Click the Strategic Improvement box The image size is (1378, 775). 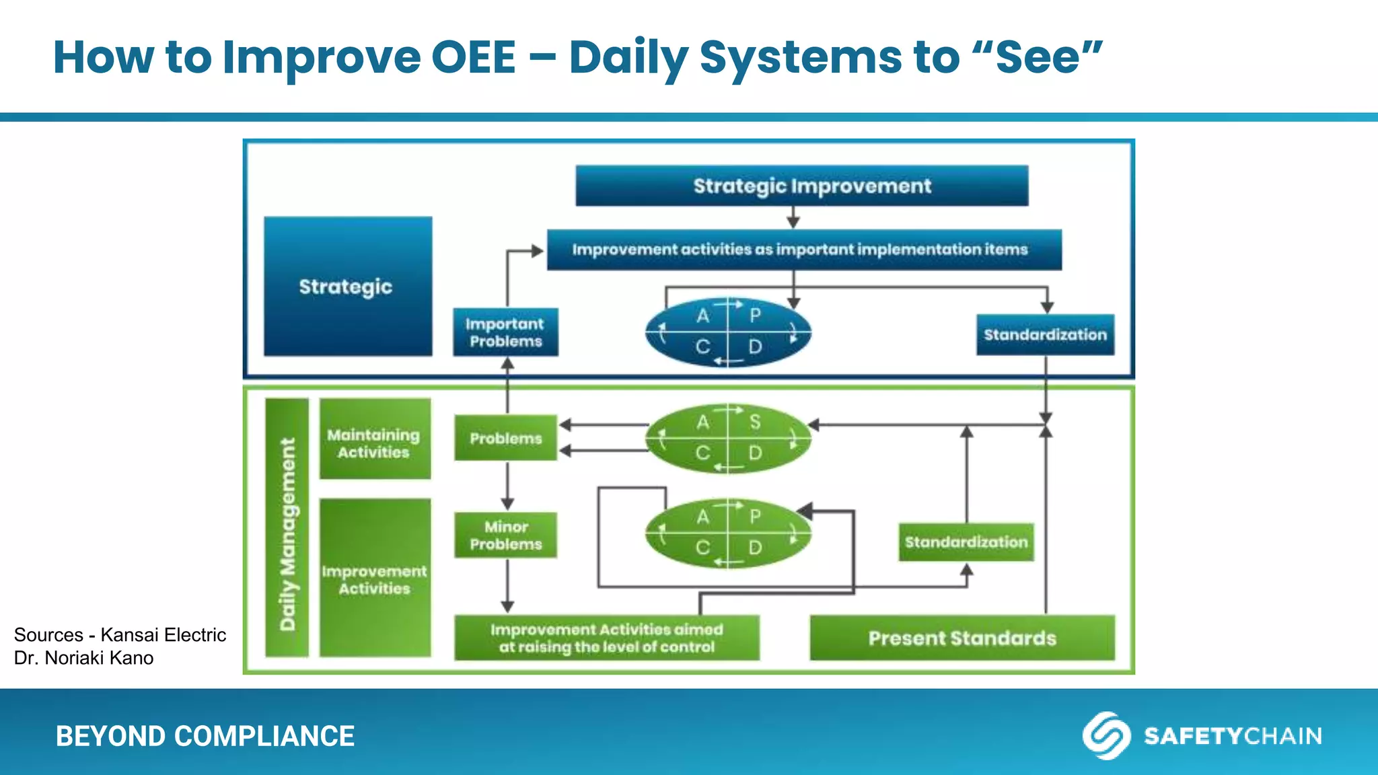[x=801, y=186]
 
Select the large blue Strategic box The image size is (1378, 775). [x=347, y=287]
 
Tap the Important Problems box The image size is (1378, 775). [x=505, y=332]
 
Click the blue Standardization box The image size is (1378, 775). [x=1045, y=334]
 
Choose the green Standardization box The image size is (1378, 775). [x=966, y=542]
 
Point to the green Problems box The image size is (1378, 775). [x=505, y=438]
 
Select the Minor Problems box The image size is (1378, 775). [x=505, y=536]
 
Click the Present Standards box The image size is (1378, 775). [x=962, y=638]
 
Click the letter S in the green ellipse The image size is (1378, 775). [x=755, y=422]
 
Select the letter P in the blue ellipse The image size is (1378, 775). [x=755, y=315]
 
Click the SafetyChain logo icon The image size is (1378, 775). [x=1105, y=735]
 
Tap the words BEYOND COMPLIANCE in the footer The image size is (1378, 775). [x=205, y=736]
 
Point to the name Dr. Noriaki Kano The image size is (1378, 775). [x=84, y=658]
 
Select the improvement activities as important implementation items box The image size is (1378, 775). [x=804, y=250]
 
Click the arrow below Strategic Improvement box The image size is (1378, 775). [x=793, y=217]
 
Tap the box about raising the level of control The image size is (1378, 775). [x=606, y=638]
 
